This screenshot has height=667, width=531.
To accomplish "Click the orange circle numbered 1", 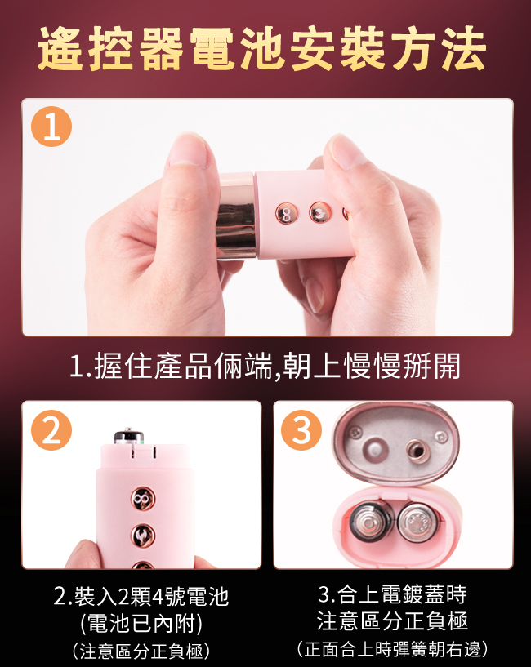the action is point(51,127).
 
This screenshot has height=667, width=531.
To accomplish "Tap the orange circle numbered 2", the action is point(51,430).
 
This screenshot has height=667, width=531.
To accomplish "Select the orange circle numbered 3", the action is point(301,430).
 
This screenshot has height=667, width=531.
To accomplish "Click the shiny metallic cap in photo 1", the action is point(237,216).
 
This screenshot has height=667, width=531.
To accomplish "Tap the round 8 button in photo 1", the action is point(286,214).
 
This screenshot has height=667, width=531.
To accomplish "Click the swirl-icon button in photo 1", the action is point(319,212).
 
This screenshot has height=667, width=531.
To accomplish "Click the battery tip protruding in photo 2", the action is point(129,435).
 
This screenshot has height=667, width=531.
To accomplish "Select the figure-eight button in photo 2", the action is point(143,499).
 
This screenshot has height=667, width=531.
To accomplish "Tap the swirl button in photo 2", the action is point(143,536).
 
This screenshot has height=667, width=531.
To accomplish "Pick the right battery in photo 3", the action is point(417,522).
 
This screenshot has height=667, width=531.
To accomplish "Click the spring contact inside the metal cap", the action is point(417,450).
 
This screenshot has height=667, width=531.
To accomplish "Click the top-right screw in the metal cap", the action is point(440,436).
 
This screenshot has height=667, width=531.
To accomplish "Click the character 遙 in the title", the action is point(60,47).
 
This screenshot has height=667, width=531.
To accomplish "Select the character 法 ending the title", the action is point(464,47).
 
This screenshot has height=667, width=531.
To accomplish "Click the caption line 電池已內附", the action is point(141,624).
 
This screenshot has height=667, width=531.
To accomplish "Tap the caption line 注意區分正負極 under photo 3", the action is point(392,620).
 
